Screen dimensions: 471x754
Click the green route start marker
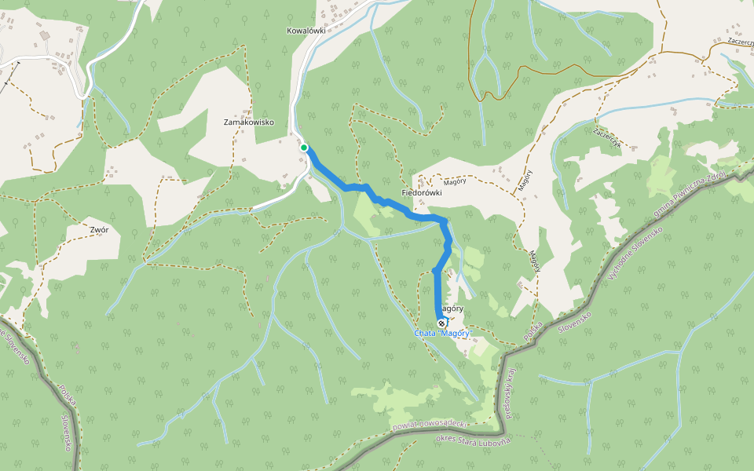point(304,147)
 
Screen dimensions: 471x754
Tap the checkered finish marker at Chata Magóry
point(441,323)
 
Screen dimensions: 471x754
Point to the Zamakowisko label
point(248,122)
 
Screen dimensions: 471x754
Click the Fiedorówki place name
point(422,192)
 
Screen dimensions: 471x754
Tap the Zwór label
point(99,230)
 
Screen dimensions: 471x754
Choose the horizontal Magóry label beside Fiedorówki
point(456,181)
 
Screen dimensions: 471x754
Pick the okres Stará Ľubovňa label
point(472,440)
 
